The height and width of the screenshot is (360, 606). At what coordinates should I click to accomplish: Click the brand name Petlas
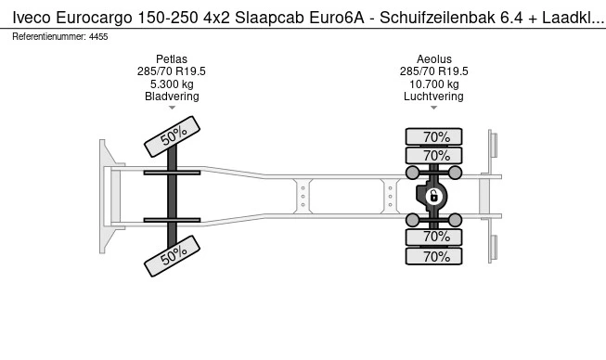pos(172,58)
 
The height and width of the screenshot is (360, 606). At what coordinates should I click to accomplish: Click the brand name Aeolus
pos(433,58)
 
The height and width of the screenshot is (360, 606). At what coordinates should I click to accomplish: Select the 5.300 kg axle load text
pos(172,84)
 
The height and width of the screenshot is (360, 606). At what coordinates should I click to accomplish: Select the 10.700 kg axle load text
pos(433,84)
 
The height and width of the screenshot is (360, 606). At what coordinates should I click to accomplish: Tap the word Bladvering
pos(172,96)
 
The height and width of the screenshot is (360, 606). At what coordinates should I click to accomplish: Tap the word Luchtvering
pos(433,96)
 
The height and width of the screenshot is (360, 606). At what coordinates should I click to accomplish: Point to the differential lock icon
pos(433,196)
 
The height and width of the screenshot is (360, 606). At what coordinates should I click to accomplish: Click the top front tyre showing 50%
pos(172,136)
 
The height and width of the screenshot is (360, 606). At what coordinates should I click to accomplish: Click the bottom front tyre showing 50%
pos(172,255)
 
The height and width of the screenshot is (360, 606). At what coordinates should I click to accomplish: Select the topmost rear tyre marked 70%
pos(434,136)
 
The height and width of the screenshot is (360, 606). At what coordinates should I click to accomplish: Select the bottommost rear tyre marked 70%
pos(434,257)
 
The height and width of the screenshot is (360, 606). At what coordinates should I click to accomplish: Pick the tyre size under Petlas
pos(172,71)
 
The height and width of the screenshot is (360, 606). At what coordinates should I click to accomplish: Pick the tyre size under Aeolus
pos(433,71)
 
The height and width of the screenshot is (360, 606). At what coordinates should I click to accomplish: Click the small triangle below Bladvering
pos(172,109)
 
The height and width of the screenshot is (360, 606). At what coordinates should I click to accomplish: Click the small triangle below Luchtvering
pos(433,109)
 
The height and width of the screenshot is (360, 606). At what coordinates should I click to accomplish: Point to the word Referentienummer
pos(47,36)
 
